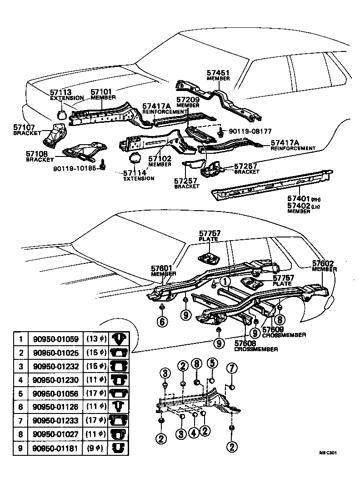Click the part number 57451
218,72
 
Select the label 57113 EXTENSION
66,95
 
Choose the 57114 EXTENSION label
139,175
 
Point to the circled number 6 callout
162,321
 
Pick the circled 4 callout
194,434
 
